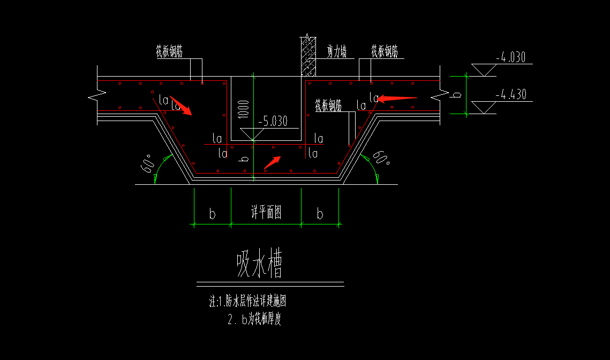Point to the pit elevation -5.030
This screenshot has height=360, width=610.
tap(273, 122)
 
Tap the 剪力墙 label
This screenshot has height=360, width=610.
tap(337, 51)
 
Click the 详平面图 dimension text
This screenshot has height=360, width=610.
tap(266, 213)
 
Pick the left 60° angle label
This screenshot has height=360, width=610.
tap(147, 162)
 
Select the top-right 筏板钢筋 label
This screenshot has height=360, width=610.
tap(385, 51)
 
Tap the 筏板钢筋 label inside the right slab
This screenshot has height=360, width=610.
tap(328, 106)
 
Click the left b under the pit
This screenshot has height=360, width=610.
tap(212, 214)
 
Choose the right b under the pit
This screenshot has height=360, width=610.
tap(320, 214)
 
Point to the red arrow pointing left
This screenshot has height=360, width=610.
tap(397, 98)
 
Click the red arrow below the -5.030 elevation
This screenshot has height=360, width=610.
tap(273, 161)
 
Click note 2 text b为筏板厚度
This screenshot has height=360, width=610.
tap(254, 320)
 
